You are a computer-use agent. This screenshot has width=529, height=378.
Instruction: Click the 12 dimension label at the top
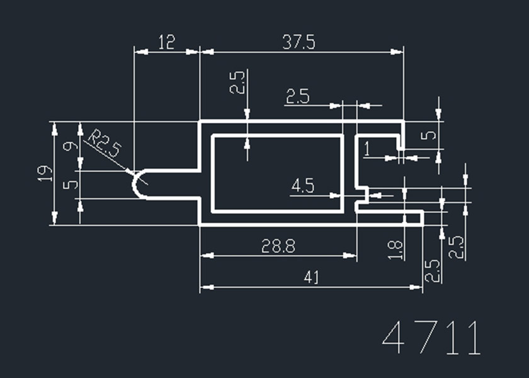pos(166,42)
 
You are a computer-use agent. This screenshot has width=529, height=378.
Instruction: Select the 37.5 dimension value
pos(299,42)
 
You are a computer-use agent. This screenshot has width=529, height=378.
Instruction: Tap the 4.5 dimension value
pos(304,186)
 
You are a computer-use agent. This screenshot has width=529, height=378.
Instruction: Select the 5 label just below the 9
pos(70,185)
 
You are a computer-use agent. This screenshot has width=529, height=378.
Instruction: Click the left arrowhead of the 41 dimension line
pos(204,287)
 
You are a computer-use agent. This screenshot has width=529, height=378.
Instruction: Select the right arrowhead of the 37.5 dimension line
pos(398,52)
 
